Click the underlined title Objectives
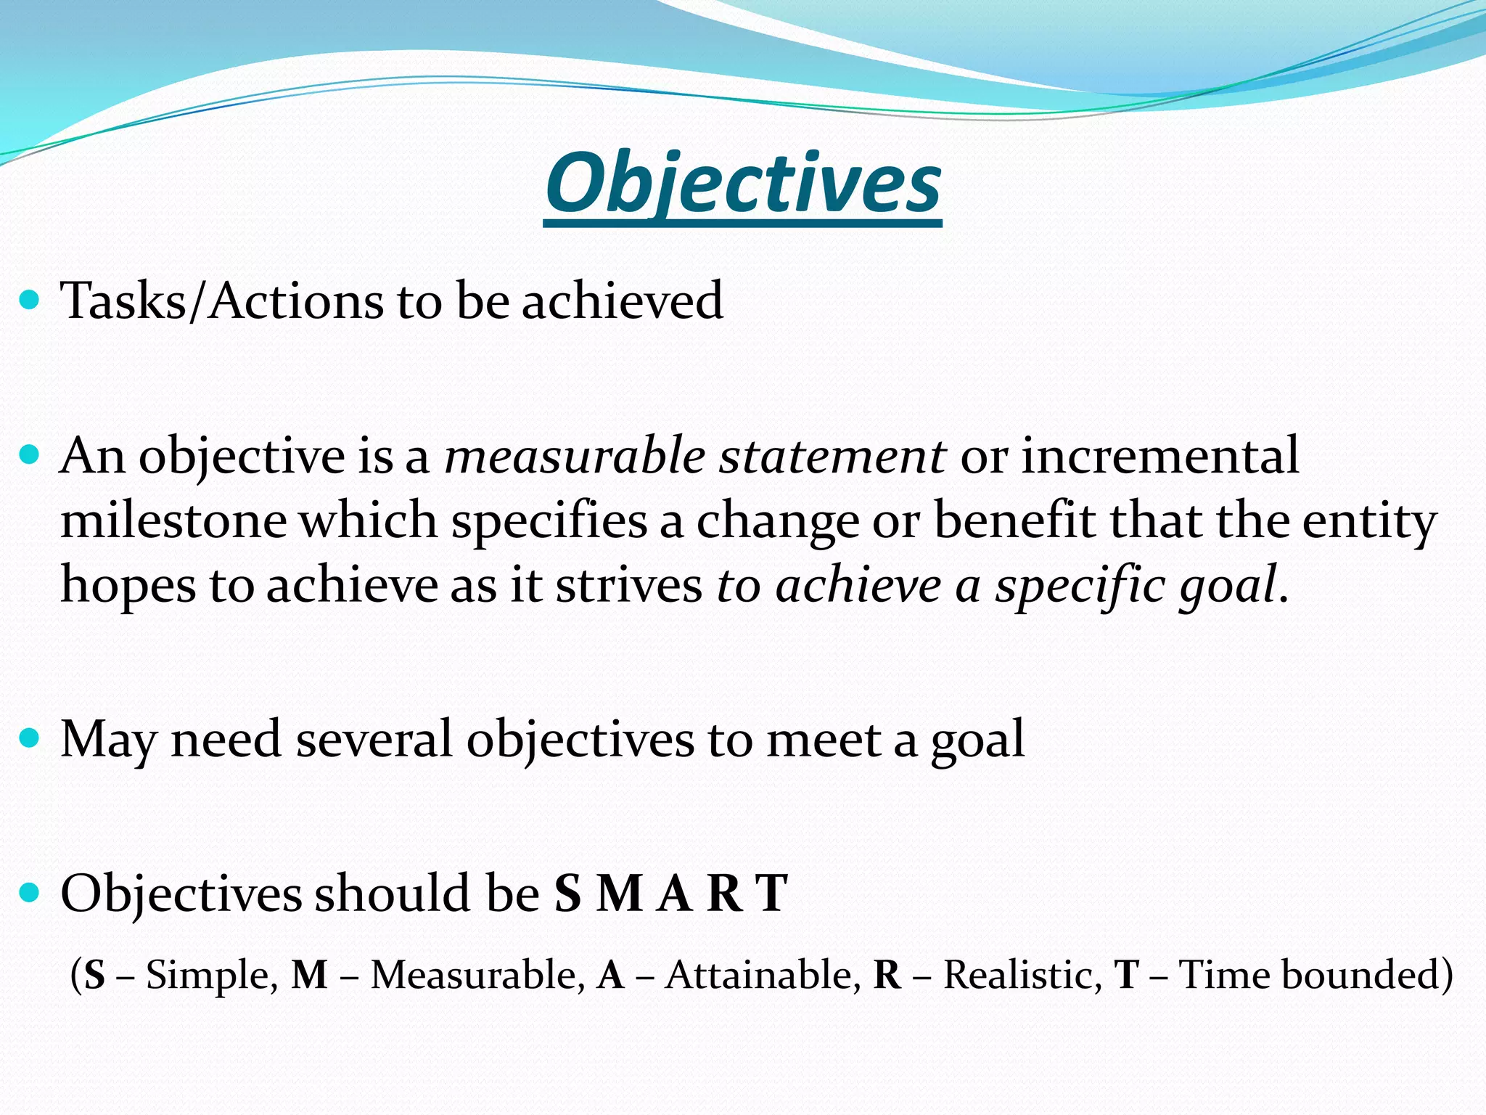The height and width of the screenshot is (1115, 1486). click(x=742, y=184)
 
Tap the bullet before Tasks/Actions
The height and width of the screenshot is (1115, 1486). click(x=30, y=299)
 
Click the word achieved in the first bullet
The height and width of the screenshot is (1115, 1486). click(x=623, y=301)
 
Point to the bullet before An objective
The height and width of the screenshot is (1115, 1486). click(x=30, y=456)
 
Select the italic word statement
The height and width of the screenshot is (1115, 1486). click(x=832, y=457)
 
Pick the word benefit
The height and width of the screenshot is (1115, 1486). click(x=1014, y=521)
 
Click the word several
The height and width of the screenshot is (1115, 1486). click(x=373, y=740)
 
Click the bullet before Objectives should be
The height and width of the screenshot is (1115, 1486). click(x=30, y=893)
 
